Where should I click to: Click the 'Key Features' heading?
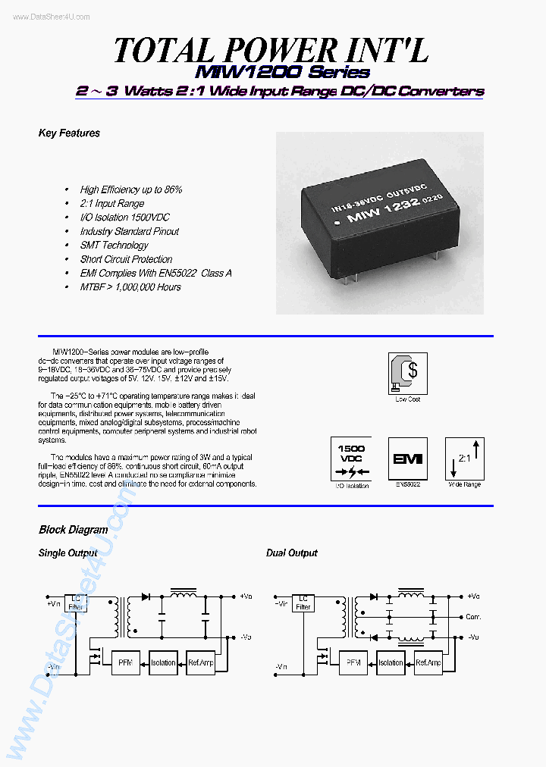click(x=69, y=133)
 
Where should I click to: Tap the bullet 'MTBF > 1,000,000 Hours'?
click(x=130, y=287)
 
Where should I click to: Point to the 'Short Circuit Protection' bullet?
click(x=126, y=259)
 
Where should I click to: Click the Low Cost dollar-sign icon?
click(x=407, y=373)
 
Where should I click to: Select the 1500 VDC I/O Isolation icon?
click(x=351, y=458)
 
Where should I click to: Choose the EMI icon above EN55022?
click(x=407, y=458)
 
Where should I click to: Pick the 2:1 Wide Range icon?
click(x=463, y=458)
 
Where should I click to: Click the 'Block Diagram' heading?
click(x=73, y=530)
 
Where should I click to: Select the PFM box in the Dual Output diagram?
click(x=353, y=662)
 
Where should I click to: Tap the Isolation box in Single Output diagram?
click(x=163, y=662)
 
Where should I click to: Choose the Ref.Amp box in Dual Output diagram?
click(x=428, y=662)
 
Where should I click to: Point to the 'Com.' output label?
click(x=474, y=616)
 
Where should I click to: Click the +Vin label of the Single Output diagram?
click(x=53, y=603)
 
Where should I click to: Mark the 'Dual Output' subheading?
click(x=291, y=553)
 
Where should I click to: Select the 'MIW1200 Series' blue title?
click(x=282, y=73)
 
